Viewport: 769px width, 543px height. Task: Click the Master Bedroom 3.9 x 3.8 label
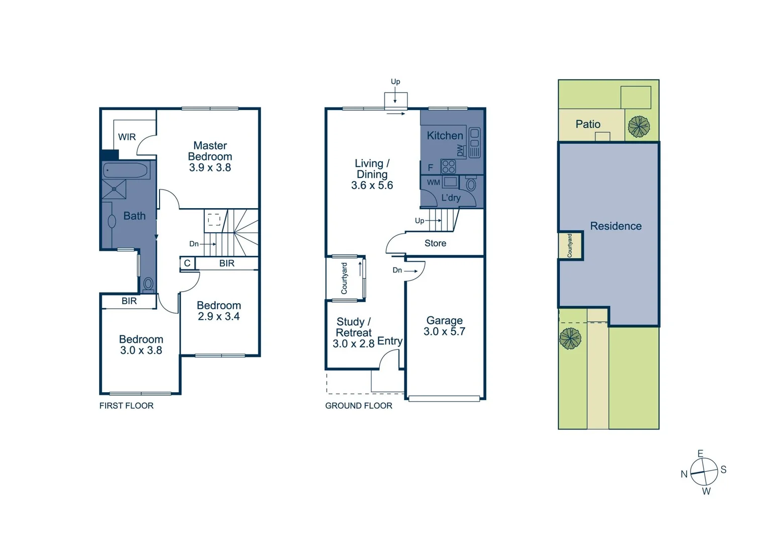(210, 156)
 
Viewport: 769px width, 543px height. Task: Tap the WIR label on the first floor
(127, 137)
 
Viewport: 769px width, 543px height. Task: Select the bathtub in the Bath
(126, 170)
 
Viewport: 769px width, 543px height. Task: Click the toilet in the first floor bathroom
(148, 285)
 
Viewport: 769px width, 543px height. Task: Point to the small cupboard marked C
(187, 263)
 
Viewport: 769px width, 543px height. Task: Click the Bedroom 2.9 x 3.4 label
(219, 311)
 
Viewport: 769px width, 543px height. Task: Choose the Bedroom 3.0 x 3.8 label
(141, 345)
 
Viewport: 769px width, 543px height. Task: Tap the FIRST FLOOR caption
(126, 406)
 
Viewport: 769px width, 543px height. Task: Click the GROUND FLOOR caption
(359, 406)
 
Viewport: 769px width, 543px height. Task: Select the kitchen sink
(474, 142)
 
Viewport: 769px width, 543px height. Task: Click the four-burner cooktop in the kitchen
(448, 166)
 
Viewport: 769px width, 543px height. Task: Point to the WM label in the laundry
(434, 183)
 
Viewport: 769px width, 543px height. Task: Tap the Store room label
(435, 243)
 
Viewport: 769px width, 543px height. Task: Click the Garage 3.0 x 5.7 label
(444, 326)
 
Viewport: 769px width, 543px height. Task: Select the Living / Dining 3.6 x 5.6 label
(372, 174)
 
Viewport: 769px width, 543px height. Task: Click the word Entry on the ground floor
(390, 341)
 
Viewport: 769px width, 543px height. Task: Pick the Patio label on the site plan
(588, 124)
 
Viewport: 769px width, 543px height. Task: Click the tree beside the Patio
(639, 127)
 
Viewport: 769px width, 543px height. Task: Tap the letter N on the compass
(684, 474)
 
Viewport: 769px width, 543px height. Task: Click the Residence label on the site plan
(616, 226)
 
